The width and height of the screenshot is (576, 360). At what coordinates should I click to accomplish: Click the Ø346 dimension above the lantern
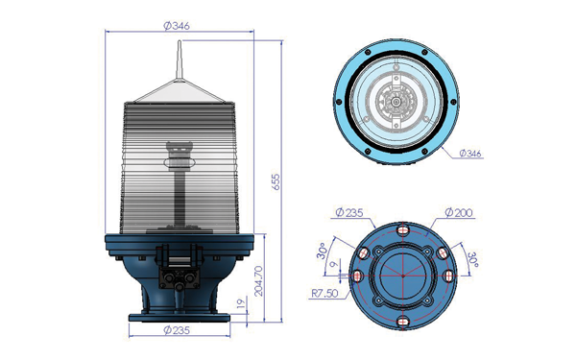click(x=177, y=26)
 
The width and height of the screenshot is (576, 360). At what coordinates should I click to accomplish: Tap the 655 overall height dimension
click(x=276, y=181)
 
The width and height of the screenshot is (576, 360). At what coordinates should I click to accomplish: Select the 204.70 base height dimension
click(x=258, y=281)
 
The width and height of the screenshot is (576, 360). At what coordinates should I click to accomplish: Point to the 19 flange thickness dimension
click(x=241, y=303)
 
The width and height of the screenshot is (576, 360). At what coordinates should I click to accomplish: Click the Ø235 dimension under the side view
click(x=177, y=330)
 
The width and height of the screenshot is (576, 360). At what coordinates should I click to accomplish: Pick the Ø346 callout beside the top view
click(x=470, y=154)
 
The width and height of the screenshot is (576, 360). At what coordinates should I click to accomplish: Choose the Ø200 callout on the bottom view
click(x=459, y=212)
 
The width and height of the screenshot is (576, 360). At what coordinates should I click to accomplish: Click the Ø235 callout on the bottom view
click(x=349, y=212)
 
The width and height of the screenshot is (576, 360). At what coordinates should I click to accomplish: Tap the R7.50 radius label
click(x=324, y=294)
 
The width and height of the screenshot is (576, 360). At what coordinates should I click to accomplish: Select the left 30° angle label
click(x=323, y=251)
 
